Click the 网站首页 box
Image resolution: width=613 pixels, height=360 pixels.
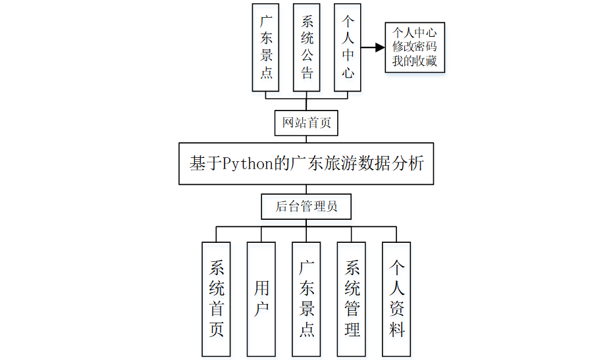306,123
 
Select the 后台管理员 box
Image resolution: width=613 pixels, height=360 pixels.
306,207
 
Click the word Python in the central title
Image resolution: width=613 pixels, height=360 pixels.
248,163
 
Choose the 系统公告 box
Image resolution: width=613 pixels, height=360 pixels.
306,47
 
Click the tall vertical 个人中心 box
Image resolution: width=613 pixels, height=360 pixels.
348,47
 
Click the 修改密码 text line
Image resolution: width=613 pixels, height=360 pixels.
415,47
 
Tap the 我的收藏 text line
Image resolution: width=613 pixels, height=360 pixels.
415,62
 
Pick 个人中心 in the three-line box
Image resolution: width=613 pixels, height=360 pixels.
415,32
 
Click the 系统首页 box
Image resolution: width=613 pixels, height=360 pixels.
217,299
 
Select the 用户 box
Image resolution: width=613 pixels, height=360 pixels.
261,299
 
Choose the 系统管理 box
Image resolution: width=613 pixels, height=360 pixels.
352,299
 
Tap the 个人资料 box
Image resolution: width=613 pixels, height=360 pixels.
396,299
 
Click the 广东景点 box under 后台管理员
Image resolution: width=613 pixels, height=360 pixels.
307,299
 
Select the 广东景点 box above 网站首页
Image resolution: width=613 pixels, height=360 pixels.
266,47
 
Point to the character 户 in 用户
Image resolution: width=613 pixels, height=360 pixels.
261,310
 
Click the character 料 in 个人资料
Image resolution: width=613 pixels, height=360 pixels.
396,329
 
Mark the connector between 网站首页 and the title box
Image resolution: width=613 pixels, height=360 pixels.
306,138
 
